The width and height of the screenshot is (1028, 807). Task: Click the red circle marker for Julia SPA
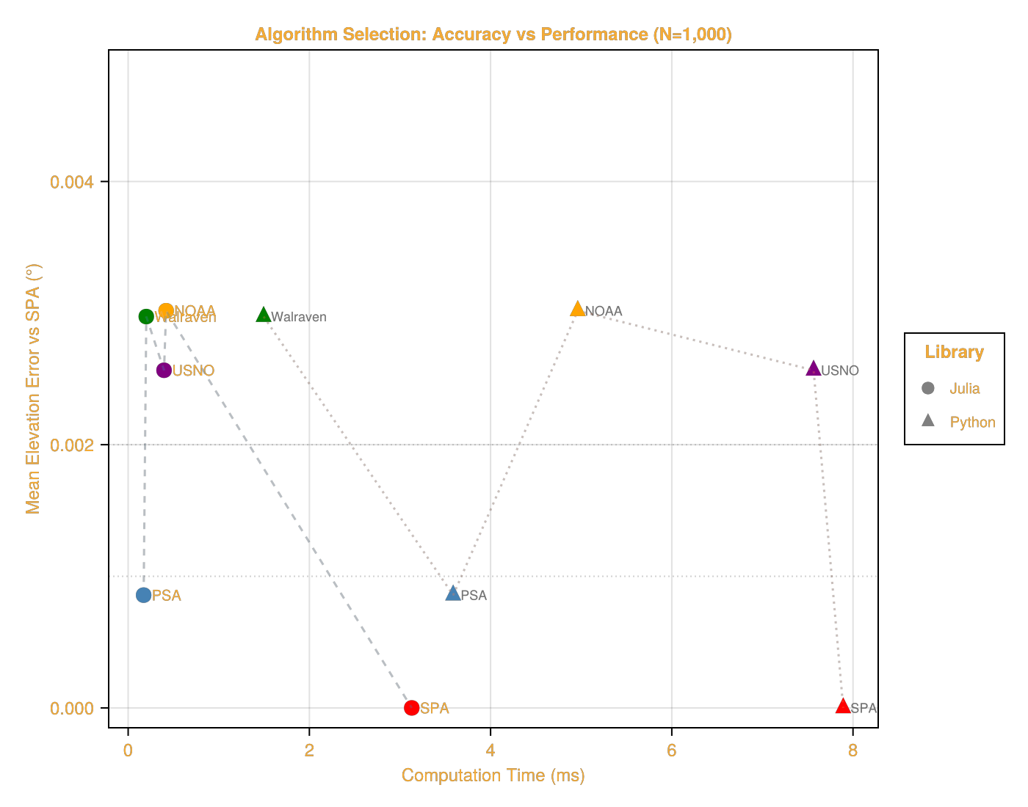click(411, 708)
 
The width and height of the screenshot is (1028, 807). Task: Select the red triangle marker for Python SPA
click(843, 706)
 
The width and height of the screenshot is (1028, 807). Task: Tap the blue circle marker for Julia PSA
click(143, 595)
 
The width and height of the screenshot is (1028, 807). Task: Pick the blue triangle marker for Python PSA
click(453, 594)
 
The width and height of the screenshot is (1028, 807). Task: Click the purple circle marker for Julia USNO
click(164, 370)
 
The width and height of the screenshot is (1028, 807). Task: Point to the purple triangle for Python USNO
click(814, 368)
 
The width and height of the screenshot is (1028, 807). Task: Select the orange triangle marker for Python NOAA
click(578, 309)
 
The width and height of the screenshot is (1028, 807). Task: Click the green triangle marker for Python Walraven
click(264, 315)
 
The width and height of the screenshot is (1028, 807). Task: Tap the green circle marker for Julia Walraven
click(145, 316)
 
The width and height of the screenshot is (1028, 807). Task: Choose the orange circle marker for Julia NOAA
click(165, 310)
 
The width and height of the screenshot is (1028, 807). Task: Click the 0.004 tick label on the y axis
click(72, 182)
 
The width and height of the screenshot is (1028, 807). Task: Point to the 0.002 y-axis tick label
click(72, 445)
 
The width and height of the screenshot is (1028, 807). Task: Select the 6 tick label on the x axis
click(671, 751)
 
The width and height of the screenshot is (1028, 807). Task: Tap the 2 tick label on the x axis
click(309, 751)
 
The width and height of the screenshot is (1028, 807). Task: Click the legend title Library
click(954, 352)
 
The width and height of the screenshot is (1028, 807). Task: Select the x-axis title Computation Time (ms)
click(493, 775)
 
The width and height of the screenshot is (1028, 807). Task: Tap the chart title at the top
click(493, 34)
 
